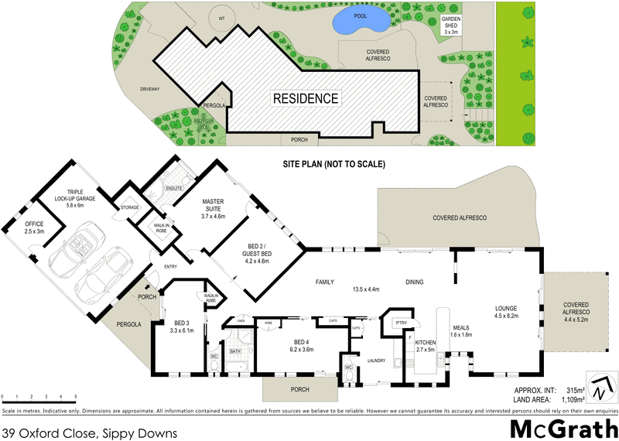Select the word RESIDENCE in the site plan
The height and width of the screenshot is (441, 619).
[305, 98]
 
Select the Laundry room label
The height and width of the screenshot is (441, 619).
[378, 361]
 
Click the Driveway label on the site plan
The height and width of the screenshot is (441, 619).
[149, 89]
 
